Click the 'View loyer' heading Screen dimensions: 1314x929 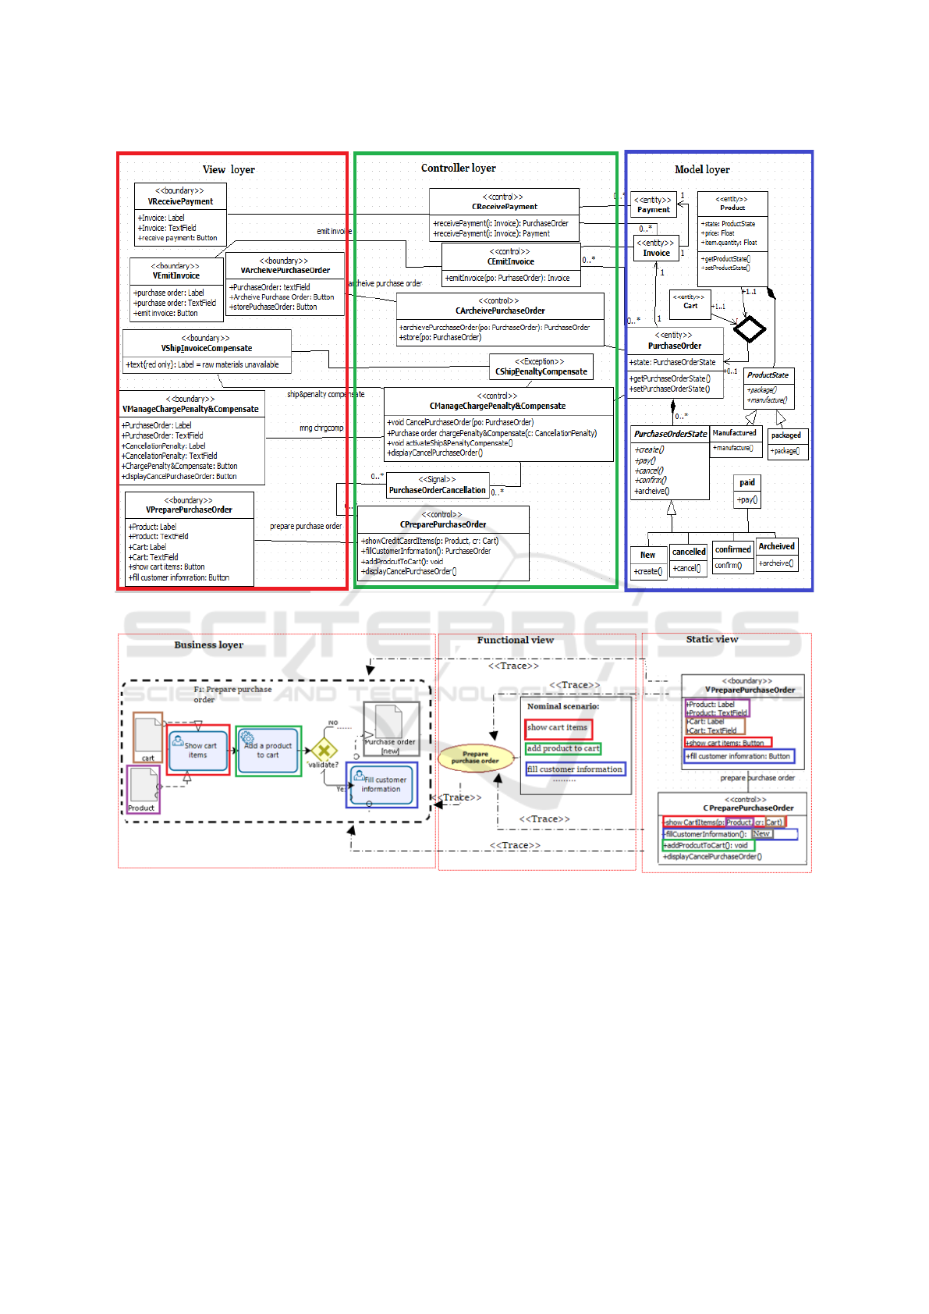pyautogui.click(x=229, y=169)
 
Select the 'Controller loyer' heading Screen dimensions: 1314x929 pyautogui.click(x=458, y=168)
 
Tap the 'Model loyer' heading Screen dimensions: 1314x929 pyautogui.click(x=702, y=169)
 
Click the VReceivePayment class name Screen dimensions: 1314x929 pyautogui.click(x=180, y=201)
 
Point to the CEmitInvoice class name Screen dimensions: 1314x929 pyautogui.click(x=510, y=261)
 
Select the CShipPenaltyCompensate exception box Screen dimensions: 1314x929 pyautogui.click(x=541, y=367)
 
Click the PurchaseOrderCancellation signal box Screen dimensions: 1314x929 pyautogui.click(x=438, y=485)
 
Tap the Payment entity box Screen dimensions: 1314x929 pyautogui.click(x=654, y=204)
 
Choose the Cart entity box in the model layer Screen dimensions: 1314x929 pyautogui.click(x=690, y=301)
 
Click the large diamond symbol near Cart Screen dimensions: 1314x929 pyautogui.click(x=750, y=328)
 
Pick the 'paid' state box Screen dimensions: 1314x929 pyautogui.click(x=747, y=491)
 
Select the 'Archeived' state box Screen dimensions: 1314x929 pyautogui.click(x=777, y=553)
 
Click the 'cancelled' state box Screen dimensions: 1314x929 pyautogui.click(x=689, y=559)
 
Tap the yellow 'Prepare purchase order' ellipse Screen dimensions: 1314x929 pyautogui.click(x=475, y=757)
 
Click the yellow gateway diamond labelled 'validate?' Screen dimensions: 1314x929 pyautogui.click(x=324, y=751)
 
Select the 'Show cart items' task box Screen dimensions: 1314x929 pyautogui.click(x=199, y=750)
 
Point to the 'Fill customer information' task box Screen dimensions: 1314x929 pyautogui.click(x=382, y=784)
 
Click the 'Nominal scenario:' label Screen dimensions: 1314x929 pyautogui.click(x=563, y=706)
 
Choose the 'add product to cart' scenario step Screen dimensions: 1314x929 pyautogui.click(x=563, y=748)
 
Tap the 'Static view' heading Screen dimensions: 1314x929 pyautogui.click(x=711, y=639)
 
